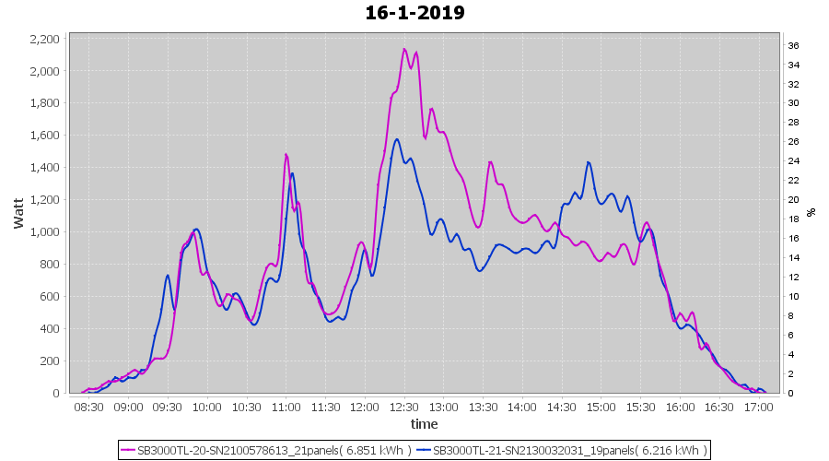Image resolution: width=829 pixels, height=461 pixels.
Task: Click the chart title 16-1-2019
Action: [414, 13]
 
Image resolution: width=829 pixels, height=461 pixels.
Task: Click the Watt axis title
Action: [18, 212]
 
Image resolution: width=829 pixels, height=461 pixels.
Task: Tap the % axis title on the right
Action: [811, 212]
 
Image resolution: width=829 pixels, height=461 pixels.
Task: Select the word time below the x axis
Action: [424, 424]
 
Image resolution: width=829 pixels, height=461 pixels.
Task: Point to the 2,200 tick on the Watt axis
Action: [46, 39]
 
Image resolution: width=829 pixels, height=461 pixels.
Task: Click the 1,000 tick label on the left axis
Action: [46, 232]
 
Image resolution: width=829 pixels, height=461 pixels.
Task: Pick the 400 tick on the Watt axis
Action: [52, 329]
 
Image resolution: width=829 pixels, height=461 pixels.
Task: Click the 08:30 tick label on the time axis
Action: [88, 407]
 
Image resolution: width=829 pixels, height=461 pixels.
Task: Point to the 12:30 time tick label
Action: [403, 407]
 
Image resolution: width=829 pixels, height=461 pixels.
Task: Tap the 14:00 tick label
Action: [521, 407]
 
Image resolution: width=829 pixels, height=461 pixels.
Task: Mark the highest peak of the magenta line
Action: [404, 50]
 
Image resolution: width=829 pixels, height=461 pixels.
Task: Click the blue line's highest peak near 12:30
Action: [397, 139]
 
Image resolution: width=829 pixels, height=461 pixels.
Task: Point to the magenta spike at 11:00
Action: [286, 155]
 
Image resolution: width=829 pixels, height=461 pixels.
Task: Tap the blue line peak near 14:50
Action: [589, 162]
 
